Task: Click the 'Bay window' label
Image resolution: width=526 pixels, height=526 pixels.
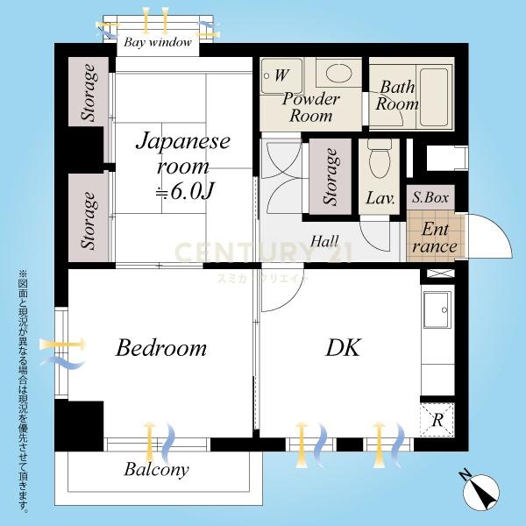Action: pos(158,42)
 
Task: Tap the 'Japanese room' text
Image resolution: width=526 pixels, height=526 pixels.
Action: pos(183,153)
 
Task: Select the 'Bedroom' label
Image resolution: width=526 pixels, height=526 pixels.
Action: pos(161,348)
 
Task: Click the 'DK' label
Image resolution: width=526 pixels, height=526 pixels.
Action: pos(343,347)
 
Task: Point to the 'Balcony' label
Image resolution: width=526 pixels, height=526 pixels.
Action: pos(156,470)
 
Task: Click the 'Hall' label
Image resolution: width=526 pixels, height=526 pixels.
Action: pos(324,241)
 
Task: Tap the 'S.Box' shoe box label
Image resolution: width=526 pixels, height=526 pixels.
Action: pos(430,197)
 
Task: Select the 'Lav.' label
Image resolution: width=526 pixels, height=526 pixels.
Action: pos(380,198)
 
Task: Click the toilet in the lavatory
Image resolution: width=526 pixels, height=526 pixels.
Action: pos(380,159)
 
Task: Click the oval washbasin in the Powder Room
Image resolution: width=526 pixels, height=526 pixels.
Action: pos(338,73)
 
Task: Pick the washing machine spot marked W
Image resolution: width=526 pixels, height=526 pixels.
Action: pos(282,75)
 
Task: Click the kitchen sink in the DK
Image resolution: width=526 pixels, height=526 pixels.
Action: pos(437,309)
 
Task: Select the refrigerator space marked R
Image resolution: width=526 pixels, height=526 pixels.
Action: pos(437,420)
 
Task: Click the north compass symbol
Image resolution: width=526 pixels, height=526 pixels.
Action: pos(480,493)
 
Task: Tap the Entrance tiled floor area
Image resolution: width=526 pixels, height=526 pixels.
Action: pos(435,236)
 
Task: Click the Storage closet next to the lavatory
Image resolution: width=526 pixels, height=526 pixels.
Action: pos(331,176)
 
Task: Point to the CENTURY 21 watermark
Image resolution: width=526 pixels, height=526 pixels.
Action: pos(263,252)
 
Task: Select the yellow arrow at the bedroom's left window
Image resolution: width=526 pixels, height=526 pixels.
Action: pos(62,345)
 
